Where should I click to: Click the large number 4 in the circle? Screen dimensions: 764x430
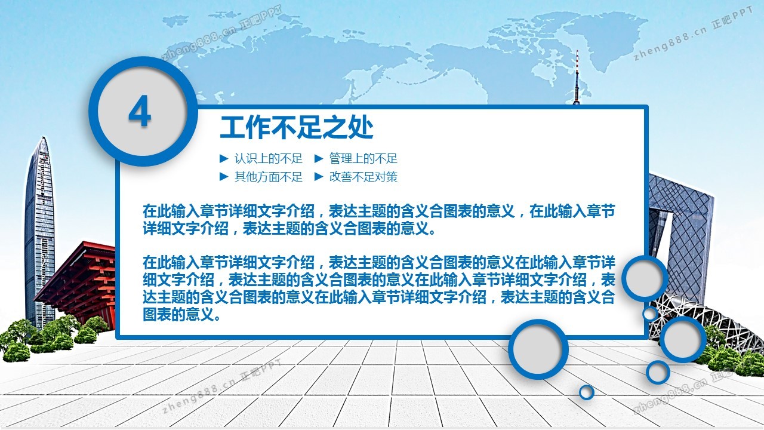(140, 111)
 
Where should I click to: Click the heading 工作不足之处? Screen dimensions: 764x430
(297, 128)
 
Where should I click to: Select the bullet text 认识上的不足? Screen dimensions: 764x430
(269, 158)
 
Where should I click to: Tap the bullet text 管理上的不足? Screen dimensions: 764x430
(363, 158)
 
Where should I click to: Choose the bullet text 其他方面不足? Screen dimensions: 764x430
(269, 177)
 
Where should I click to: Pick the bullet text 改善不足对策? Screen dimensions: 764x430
(363, 177)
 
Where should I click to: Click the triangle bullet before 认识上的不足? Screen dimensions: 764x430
(224, 158)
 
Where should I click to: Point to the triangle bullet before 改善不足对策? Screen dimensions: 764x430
(319, 176)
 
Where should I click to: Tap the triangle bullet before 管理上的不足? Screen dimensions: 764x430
(319, 158)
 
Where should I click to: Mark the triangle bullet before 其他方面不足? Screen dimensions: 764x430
(224, 176)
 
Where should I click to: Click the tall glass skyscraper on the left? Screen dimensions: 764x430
(39, 232)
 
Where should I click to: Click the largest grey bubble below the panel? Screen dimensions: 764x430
(538, 349)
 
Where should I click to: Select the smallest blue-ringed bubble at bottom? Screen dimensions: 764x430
(587, 392)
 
